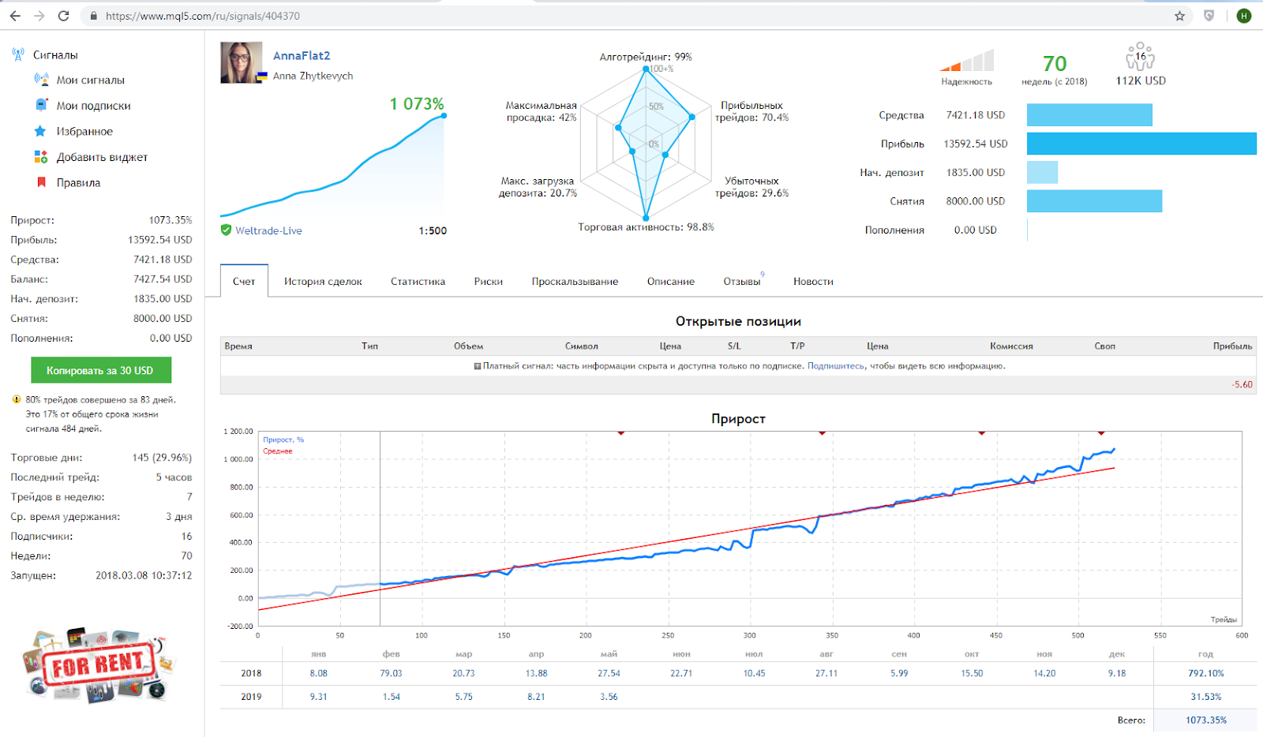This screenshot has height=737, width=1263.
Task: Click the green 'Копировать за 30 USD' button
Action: click(x=101, y=370)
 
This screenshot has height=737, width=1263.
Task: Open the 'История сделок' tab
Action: click(x=323, y=281)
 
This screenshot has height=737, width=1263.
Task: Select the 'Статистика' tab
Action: click(x=418, y=281)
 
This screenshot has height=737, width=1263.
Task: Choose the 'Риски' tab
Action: click(x=489, y=281)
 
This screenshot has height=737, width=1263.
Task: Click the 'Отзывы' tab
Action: click(x=741, y=281)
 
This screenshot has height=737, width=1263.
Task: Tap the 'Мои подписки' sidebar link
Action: click(x=93, y=106)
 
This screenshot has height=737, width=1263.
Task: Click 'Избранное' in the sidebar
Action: click(x=84, y=131)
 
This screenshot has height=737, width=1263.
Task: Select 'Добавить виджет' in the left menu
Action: click(x=102, y=157)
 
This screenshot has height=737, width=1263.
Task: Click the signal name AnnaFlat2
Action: click(x=301, y=55)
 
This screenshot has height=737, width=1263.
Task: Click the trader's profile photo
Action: click(x=242, y=62)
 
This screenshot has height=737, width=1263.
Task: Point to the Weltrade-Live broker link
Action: click(x=268, y=230)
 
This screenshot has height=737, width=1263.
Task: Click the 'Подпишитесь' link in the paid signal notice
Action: click(x=835, y=365)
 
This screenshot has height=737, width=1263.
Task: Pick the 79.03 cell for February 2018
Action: click(x=392, y=673)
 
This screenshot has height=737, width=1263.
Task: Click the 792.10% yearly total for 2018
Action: click(x=1205, y=673)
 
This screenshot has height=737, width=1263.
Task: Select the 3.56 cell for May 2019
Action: click(x=609, y=697)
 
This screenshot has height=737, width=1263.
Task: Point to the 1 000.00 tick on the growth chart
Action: click(x=238, y=459)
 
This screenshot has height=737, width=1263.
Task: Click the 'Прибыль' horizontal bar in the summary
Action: click(x=1141, y=144)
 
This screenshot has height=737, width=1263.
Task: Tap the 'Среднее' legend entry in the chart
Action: click(x=277, y=451)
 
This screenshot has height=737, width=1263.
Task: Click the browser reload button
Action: click(x=64, y=16)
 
